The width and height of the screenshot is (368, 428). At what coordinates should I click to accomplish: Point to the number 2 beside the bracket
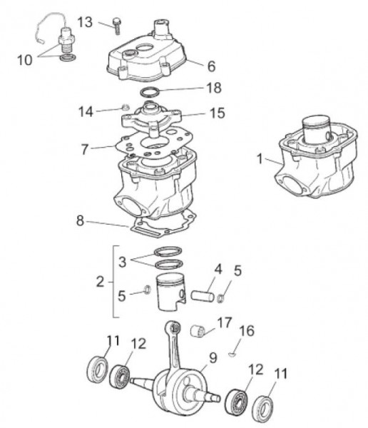[101, 282]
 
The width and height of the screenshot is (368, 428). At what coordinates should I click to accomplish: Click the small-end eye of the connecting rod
[173, 327]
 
